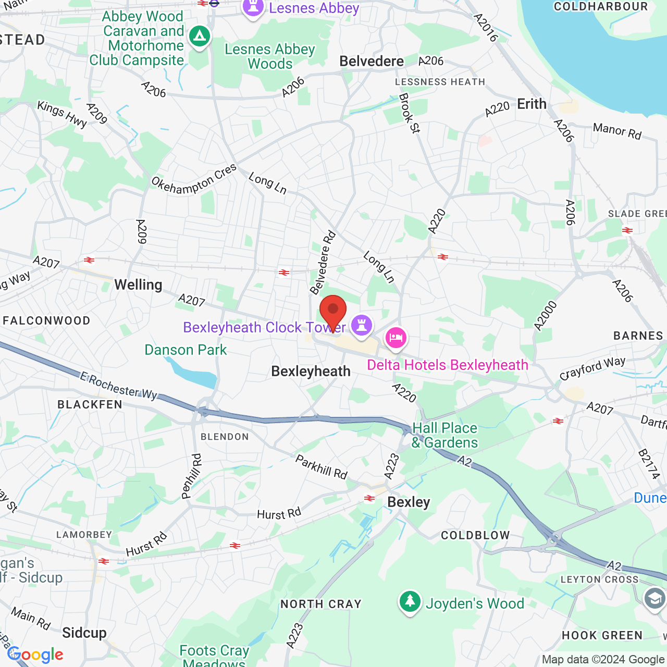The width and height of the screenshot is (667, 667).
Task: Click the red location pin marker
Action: (x=332, y=311)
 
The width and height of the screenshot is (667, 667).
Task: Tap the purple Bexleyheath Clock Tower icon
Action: (x=362, y=325)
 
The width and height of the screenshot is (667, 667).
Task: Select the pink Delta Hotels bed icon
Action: (x=396, y=338)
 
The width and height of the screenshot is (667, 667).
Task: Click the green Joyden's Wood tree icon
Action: (x=410, y=602)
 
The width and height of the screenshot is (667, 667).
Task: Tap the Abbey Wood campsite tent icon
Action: (x=200, y=36)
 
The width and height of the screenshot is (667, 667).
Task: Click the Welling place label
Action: (x=138, y=285)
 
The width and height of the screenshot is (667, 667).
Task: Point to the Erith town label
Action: (x=532, y=104)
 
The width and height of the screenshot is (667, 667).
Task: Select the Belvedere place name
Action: (x=372, y=61)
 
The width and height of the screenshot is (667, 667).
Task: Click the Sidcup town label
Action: (x=84, y=633)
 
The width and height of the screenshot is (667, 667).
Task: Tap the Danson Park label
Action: (x=186, y=350)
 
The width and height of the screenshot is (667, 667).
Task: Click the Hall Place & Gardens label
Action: (x=444, y=435)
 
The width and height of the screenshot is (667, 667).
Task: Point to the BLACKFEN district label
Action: (x=90, y=404)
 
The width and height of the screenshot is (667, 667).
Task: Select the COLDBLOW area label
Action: (x=475, y=535)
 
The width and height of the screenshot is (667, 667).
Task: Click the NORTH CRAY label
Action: (x=321, y=604)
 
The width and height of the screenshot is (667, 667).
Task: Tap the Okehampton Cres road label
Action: (x=194, y=179)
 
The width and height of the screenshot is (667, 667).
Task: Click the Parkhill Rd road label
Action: (x=321, y=467)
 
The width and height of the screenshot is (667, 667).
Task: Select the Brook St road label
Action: (x=409, y=113)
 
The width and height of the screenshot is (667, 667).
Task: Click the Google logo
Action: (x=35, y=654)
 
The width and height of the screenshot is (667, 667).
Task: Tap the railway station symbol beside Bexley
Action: (x=369, y=499)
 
